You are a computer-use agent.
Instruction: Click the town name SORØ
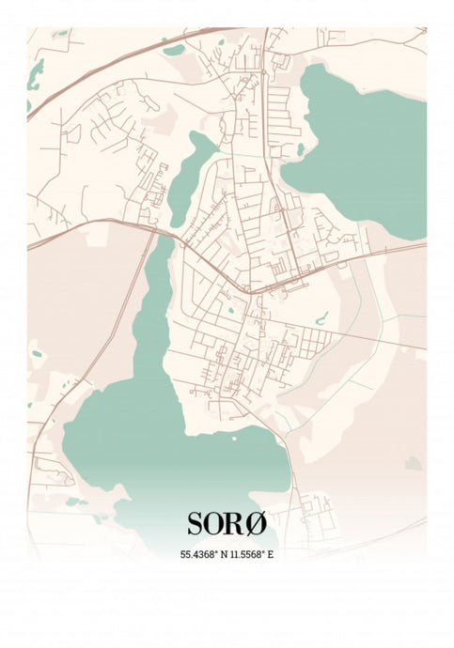click(x=227, y=523)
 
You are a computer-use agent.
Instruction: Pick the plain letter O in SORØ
click(x=216, y=523)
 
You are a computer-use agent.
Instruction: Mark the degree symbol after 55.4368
click(x=216, y=551)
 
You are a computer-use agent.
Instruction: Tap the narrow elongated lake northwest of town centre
click(x=188, y=178)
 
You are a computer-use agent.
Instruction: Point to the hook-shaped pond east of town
click(x=321, y=318)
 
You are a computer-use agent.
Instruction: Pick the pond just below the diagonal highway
click(x=174, y=50)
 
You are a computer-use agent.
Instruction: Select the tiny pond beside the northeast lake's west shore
click(x=300, y=148)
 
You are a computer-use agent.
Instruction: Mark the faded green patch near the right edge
click(x=413, y=463)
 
